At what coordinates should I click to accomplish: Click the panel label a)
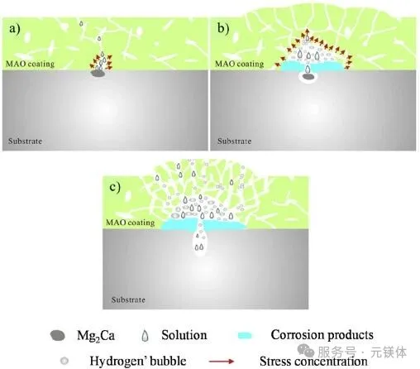tap(15, 29)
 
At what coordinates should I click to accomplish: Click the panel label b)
tap(223, 29)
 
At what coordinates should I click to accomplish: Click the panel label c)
tap(115, 187)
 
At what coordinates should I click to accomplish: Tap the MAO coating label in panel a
tap(31, 64)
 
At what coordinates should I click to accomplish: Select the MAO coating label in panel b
tap(239, 64)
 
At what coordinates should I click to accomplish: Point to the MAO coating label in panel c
tap(131, 223)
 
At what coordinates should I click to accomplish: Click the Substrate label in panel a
tap(25, 141)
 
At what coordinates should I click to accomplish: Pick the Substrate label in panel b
tap(234, 141)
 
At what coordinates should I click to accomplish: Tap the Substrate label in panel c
tap(128, 300)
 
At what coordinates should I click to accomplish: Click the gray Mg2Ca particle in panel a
tap(98, 74)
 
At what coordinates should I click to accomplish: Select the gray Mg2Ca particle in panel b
tap(308, 77)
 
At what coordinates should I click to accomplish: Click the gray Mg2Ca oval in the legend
tap(58, 336)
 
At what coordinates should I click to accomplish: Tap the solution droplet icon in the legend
tap(145, 336)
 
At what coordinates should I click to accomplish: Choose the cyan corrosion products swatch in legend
tap(245, 336)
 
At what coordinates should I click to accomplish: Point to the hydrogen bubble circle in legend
tap(64, 361)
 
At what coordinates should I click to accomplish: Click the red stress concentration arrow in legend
tap(222, 362)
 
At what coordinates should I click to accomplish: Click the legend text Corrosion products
tap(322, 335)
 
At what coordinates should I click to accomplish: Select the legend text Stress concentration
tap(313, 362)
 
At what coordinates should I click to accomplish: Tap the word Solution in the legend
tap(184, 335)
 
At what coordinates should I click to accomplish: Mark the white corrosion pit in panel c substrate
tap(199, 242)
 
